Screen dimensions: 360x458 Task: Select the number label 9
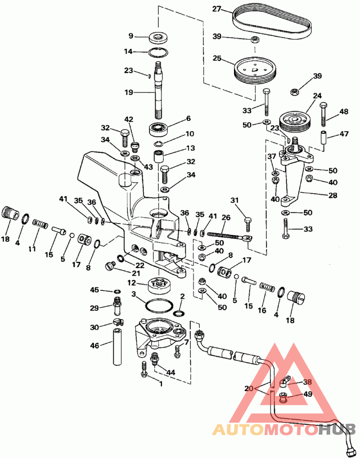pos(131,36)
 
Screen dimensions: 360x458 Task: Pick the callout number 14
pos(128,52)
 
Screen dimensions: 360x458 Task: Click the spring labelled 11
pos(40,223)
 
